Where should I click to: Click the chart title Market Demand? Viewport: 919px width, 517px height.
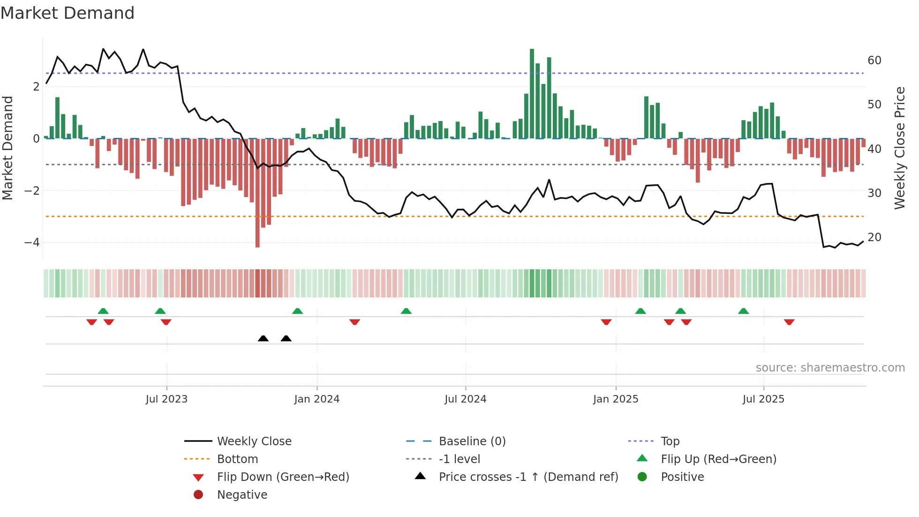(x=68, y=13)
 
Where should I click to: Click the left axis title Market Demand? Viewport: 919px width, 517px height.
(x=8, y=148)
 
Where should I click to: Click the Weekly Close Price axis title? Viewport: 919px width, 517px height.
(x=899, y=148)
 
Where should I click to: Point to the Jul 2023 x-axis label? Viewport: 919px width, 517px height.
(x=166, y=399)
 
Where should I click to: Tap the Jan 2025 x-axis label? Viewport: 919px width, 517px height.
(x=615, y=399)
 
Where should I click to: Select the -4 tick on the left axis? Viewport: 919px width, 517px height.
(x=32, y=243)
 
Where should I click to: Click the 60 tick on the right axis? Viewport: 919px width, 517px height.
(x=874, y=61)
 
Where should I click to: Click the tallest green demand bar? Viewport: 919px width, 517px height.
(x=532, y=94)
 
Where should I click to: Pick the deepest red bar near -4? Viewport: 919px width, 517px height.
(x=257, y=192)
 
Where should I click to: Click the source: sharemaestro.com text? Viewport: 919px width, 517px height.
(x=830, y=368)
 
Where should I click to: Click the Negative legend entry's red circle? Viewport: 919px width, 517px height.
(x=198, y=495)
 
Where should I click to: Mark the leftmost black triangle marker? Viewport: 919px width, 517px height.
(x=263, y=338)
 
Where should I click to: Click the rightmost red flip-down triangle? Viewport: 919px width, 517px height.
(x=789, y=322)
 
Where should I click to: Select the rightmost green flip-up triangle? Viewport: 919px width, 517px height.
(x=743, y=311)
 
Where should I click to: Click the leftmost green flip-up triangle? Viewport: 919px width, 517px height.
(x=103, y=311)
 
